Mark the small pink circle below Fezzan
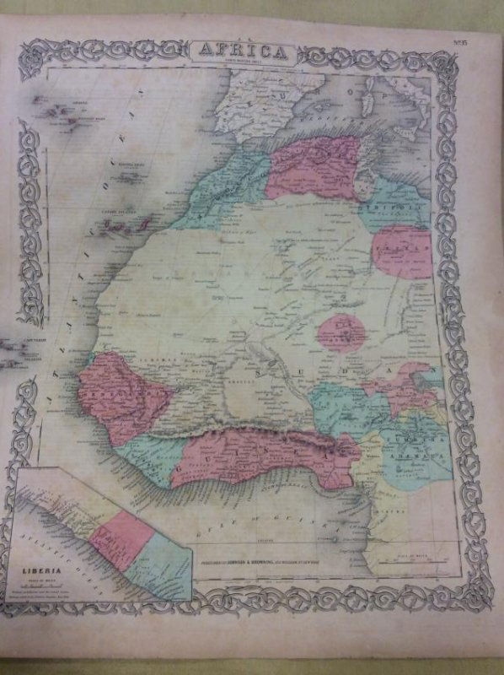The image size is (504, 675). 341,332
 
